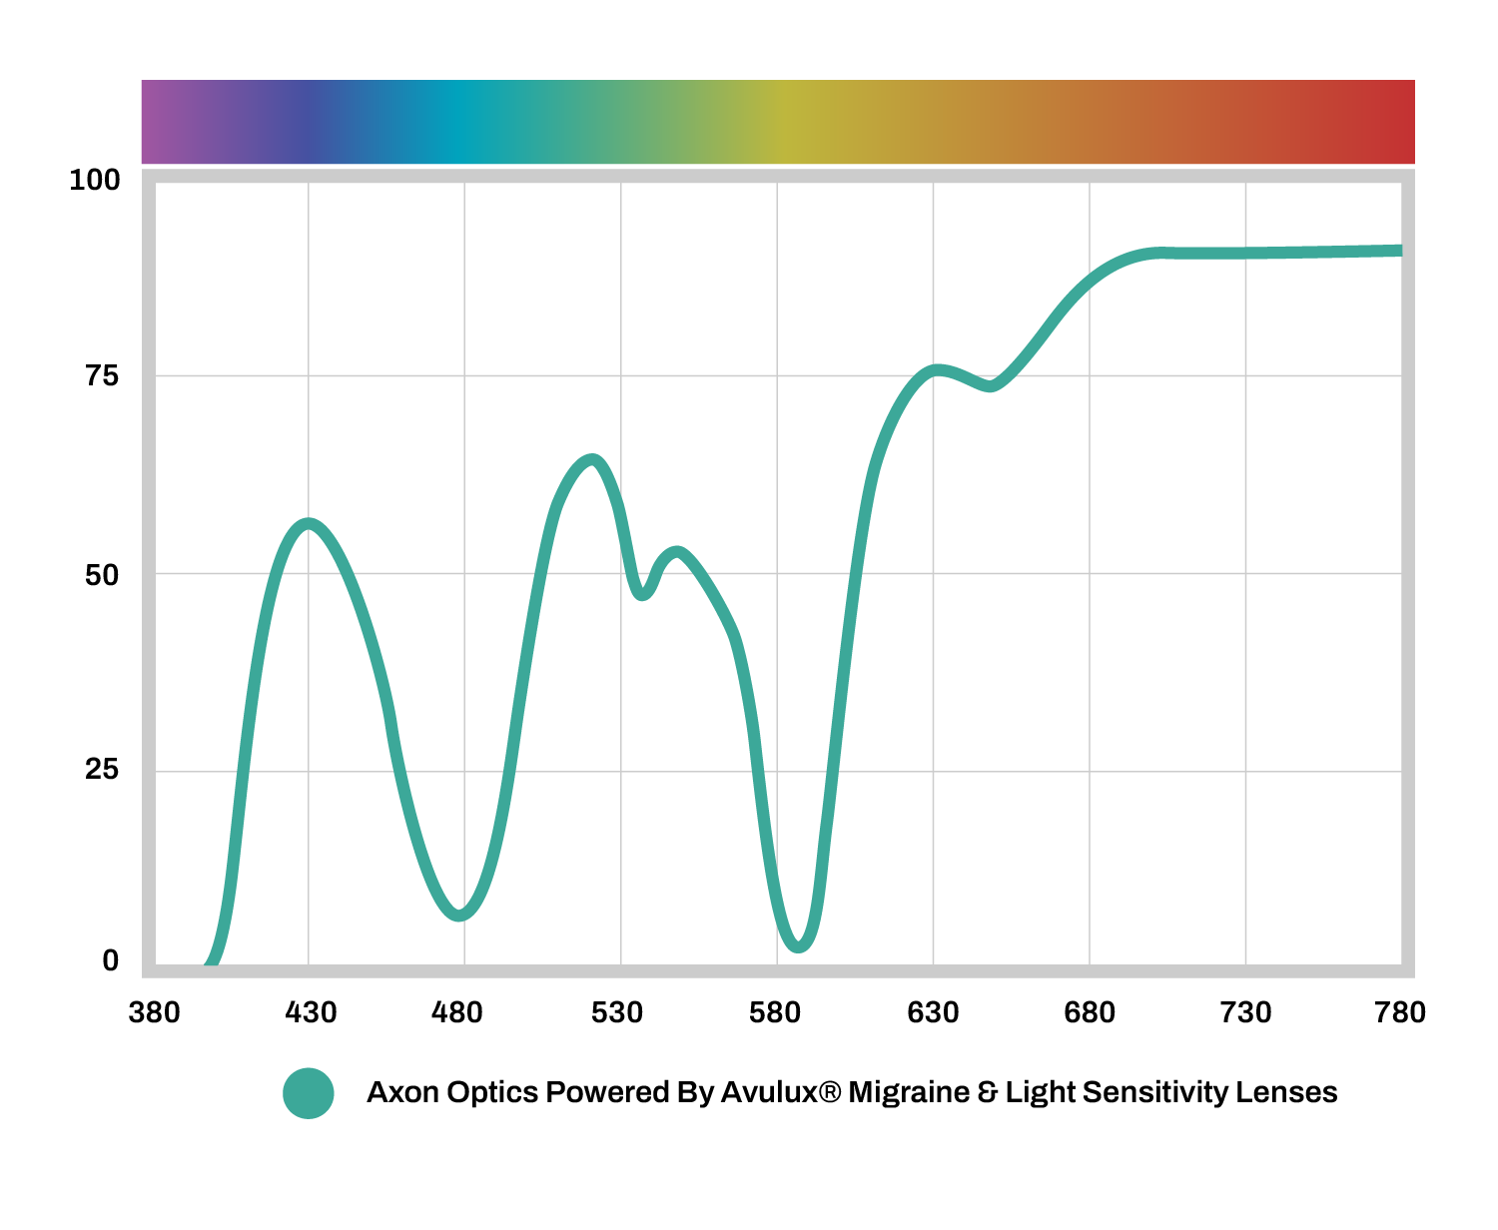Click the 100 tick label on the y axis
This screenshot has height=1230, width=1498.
coord(94,181)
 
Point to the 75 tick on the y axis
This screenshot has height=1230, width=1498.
coord(102,376)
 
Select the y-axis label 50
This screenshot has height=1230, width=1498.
coord(102,575)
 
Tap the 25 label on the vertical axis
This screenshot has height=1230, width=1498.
coord(102,770)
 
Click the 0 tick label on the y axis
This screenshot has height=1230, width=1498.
coord(110,961)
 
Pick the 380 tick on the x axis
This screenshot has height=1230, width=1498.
coord(154,1013)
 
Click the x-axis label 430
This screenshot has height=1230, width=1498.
coord(311,1013)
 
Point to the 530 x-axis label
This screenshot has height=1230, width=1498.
coord(616,1013)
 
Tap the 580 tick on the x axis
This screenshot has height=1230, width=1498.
coord(774,1013)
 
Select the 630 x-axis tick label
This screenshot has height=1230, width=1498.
coord(932,1013)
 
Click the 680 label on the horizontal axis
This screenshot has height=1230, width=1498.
coord(1089,1013)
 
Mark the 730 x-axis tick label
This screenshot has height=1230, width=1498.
coord(1245,1013)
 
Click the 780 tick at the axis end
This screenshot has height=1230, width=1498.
coord(1399,1013)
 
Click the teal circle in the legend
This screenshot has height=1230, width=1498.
coord(309,1093)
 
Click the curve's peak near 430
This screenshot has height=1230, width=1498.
coord(309,524)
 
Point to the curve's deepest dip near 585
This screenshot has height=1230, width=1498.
coord(798,945)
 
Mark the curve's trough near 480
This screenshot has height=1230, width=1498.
coord(459,914)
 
